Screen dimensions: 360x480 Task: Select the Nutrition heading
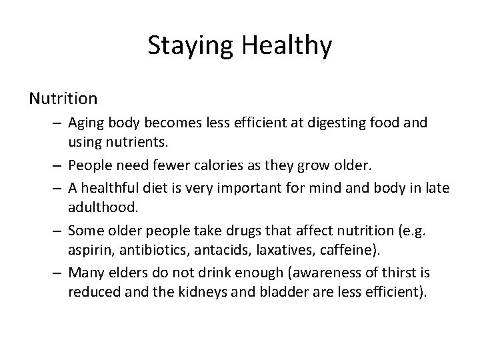click(x=63, y=99)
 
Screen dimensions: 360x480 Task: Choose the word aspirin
click(x=85, y=249)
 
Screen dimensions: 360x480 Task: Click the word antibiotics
click(x=140, y=249)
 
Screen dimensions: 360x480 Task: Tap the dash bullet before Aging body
click(x=58, y=124)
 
